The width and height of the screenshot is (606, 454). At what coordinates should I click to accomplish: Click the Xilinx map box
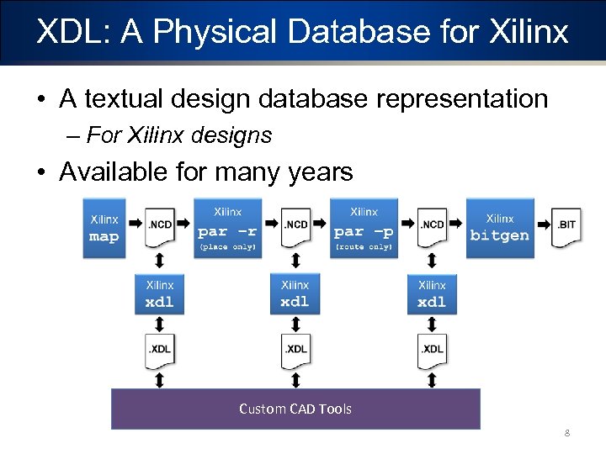pyautogui.click(x=104, y=228)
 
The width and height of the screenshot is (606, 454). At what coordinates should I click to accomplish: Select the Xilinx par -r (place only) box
pyautogui.click(x=227, y=228)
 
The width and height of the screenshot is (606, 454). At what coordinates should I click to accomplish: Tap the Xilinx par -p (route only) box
pyautogui.click(x=364, y=228)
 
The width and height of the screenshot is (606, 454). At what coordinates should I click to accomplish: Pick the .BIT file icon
pyautogui.click(x=566, y=227)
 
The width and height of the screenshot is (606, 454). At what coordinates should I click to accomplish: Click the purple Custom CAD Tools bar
pyautogui.click(x=295, y=409)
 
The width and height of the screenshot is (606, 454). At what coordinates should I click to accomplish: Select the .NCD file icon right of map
pyautogui.click(x=159, y=227)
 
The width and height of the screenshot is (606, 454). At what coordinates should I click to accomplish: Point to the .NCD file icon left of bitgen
pyautogui.click(x=432, y=227)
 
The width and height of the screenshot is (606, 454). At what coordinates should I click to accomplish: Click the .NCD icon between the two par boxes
pyautogui.click(x=295, y=227)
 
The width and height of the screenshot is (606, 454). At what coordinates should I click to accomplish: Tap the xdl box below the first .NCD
pyautogui.click(x=159, y=295)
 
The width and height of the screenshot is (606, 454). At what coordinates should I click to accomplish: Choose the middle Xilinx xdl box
pyautogui.click(x=295, y=295)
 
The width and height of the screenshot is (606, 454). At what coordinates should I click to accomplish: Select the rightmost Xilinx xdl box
pyautogui.click(x=432, y=295)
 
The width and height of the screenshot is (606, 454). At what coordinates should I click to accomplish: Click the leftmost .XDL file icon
pyautogui.click(x=159, y=351)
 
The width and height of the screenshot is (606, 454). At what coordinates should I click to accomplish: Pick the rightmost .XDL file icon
pyautogui.click(x=432, y=351)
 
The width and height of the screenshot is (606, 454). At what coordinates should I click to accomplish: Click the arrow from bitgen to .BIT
pyautogui.click(x=543, y=224)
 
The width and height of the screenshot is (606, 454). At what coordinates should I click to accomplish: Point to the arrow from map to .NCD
pyautogui.click(x=135, y=224)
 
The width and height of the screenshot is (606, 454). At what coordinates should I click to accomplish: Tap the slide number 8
pyautogui.click(x=567, y=434)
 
